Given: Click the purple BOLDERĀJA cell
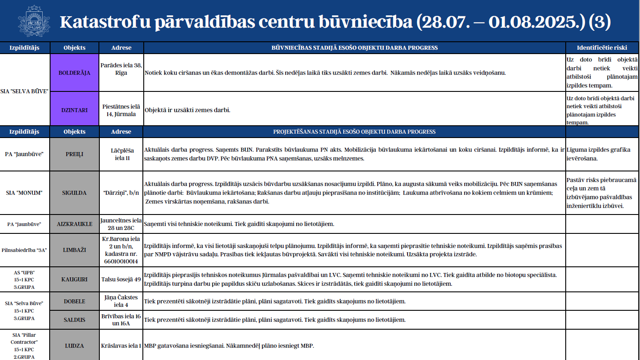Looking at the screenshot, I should pyautogui.click(x=74, y=73).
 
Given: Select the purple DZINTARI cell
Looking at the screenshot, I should pyautogui.click(x=74, y=110).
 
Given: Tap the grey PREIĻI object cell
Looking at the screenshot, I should pyautogui.click(x=74, y=154).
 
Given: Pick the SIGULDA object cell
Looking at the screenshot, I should pyautogui.click(x=74, y=193).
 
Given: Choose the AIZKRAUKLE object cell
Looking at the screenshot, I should pyautogui.click(x=74, y=224).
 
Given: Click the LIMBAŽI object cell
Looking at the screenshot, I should pyautogui.click(x=74, y=249).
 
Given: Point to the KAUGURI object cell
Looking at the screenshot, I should pyautogui.click(x=74, y=279).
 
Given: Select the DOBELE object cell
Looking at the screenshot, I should pyautogui.click(x=74, y=301).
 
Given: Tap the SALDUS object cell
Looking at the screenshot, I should pyautogui.click(x=74, y=320).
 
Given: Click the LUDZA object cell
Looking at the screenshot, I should pyautogui.click(x=74, y=345).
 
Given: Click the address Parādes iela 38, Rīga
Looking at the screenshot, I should pyautogui.click(x=121, y=69).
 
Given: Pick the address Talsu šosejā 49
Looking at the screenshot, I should pyautogui.click(x=121, y=279).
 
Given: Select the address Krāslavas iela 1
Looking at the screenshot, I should pyautogui.click(x=121, y=345).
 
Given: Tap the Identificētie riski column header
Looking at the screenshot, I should pyautogui.click(x=601, y=47).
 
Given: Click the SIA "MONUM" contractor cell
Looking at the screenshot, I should pyautogui.click(x=25, y=193).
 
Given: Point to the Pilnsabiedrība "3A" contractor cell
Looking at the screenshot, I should pyautogui.click(x=25, y=249).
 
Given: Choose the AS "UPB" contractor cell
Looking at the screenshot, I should pyautogui.click(x=25, y=279).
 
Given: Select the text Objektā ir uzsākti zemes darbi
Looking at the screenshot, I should pyautogui.click(x=188, y=110).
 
